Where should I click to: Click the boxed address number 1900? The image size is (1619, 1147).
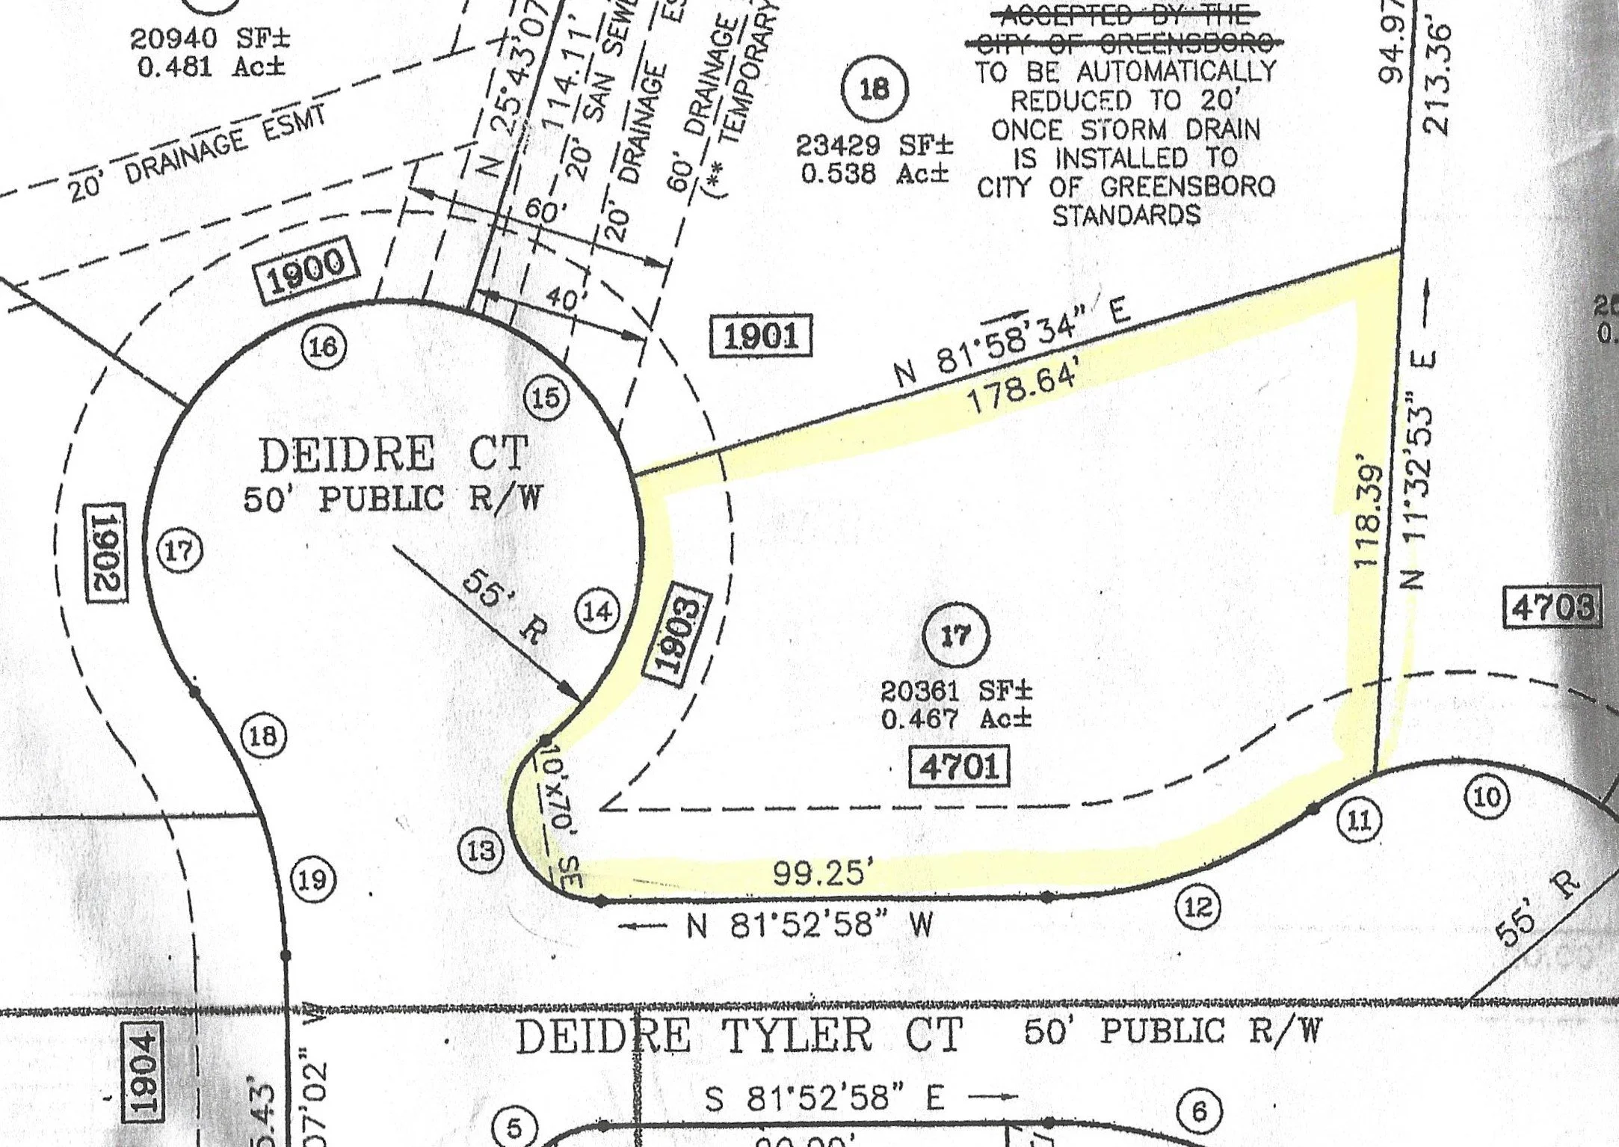tap(307, 272)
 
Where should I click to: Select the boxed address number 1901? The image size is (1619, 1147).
tap(760, 335)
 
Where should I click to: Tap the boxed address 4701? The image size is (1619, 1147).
tap(960, 766)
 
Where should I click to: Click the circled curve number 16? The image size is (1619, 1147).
tap(324, 346)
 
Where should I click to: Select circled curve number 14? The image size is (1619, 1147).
tap(597, 612)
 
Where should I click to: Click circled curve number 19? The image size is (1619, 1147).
tap(313, 879)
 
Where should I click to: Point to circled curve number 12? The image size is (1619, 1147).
tap(1198, 907)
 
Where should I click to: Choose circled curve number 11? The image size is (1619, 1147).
tap(1359, 821)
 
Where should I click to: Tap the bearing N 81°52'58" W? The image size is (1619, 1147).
tap(809, 926)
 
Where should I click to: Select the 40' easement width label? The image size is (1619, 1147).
tap(561, 301)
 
